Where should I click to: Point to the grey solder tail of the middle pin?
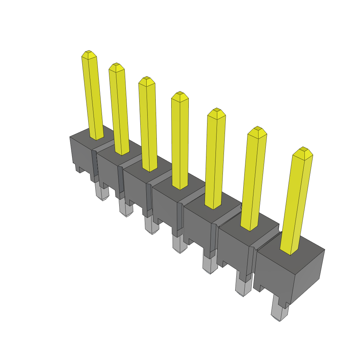180,244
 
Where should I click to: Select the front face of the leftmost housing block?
81,153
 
